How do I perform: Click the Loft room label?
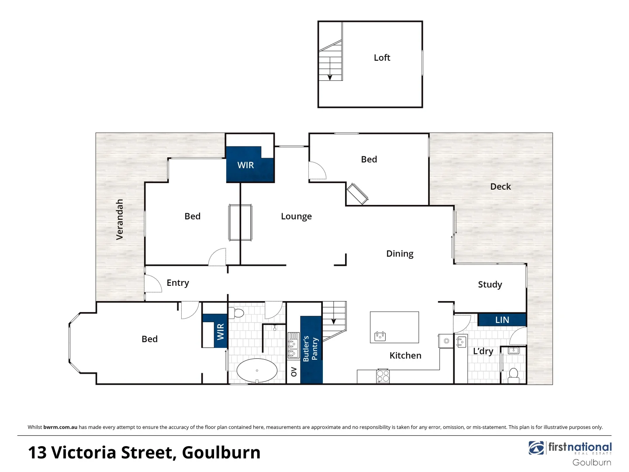pos(382,58)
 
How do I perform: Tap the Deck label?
pos(500,187)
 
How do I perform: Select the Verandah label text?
pos(119,219)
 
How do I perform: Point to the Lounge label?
pos(296,216)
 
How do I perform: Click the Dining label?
pos(400,254)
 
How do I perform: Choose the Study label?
pos(490,285)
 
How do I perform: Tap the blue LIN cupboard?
pos(502,320)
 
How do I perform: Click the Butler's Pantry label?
pos(310,348)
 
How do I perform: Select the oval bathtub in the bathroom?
pos(257,371)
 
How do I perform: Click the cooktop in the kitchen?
pos(383,376)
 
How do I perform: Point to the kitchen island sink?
pos(380,336)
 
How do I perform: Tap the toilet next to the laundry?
pos(514,375)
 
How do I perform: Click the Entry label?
pos(178,283)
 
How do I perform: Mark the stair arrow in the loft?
pos(330,76)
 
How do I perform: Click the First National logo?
pos(570,448)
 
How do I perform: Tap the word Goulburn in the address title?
pos(221,453)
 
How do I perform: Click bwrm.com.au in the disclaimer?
pos(60,427)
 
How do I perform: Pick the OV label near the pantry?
pos(294,372)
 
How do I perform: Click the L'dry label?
pos(483,351)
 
